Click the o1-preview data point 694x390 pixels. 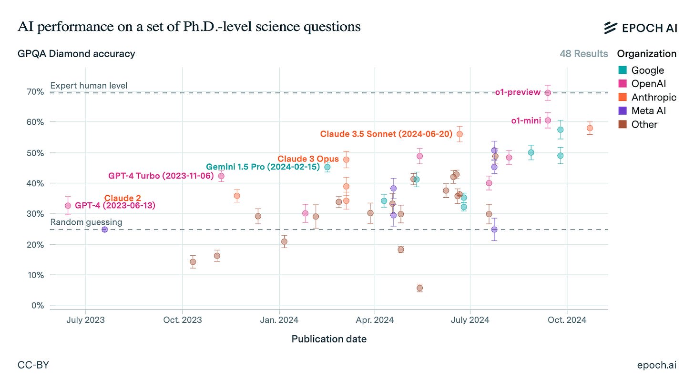click(548, 93)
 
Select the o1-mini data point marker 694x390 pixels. click(548, 120)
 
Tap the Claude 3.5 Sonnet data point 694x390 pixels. click(459, 134)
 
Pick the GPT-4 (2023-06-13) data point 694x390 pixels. click(68, 206)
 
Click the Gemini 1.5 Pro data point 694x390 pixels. click(327, 167)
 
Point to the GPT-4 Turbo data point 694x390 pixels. click(221, 176)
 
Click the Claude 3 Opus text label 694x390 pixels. click(308, 159)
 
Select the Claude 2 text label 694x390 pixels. click(122, 198)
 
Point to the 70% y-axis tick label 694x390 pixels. click(35, 91)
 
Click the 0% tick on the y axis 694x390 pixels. click(37, 305)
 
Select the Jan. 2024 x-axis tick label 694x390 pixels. click(279, 320)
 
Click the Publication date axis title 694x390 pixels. click(329, 339)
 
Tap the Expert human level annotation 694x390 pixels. click(89, 86)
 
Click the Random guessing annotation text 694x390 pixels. click(86, 222)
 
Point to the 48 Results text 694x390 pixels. click(584, 53)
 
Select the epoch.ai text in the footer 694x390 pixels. click(656, 365)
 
